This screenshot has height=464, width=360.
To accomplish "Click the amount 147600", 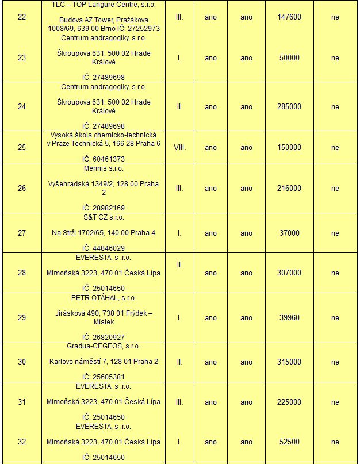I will tap(289, 17).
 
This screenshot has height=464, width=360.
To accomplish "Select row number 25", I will tap(22, 147).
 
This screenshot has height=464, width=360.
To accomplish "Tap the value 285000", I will tap(289, 106).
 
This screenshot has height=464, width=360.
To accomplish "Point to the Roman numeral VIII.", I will tap(179, 147).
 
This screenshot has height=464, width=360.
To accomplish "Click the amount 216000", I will tap(289, 188).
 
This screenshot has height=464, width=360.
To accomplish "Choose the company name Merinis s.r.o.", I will tap(104, 168).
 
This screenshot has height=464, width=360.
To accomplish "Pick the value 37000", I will tap(289, 233).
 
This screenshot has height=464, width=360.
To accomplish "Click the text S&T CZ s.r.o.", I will tap(104, 217).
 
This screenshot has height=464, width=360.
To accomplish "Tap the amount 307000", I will tap(289, 273).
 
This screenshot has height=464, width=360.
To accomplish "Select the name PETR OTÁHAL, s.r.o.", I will tap(104, 298).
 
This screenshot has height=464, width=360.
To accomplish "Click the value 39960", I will tap(289, 317).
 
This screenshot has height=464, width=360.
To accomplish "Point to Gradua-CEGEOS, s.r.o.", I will tap(104, 346).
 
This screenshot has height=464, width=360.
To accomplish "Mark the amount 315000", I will tap(289, 362).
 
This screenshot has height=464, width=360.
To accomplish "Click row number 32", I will tap(22, 442).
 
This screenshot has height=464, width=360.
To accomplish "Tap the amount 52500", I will tap(289, 442).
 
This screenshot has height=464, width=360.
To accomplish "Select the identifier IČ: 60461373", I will tap(104, 159).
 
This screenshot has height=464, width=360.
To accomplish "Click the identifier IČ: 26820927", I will tap(104, 337).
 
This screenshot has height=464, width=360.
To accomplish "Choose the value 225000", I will tap(289, 402).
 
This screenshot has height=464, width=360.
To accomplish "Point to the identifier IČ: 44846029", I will tap(104, 248).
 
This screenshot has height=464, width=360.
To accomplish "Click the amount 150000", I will tap(289, 147).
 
